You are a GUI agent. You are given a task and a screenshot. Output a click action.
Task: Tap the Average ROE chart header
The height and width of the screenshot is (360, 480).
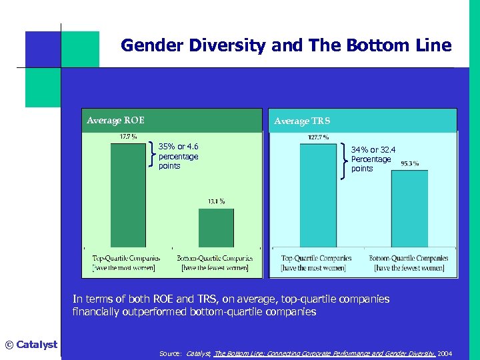(115, 121)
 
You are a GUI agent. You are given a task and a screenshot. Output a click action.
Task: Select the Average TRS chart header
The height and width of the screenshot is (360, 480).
(301, 121)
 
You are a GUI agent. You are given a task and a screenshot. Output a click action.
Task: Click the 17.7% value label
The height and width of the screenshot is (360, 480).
(129, 137)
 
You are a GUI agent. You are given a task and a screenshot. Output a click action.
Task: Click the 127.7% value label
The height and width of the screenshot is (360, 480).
(318, 137)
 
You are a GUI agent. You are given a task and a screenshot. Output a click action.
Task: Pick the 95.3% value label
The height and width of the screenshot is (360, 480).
(409, 164)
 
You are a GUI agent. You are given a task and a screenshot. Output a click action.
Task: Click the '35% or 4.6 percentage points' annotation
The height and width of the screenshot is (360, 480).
(178, 156)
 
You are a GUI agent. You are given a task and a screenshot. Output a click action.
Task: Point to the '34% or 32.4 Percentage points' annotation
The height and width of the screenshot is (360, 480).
(373, 159)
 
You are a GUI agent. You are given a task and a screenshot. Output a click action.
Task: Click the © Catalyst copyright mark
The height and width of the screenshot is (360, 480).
(31, 345)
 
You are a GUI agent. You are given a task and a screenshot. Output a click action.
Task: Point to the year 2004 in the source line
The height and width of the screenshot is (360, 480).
(445, 352)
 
